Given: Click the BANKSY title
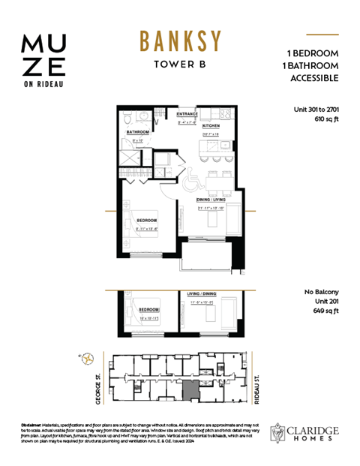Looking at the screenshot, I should tap(179, 41).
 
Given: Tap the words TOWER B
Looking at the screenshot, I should tap(179, 64).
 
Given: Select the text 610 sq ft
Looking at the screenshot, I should tap(322, 119).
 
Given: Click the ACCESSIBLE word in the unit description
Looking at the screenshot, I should tap(313, 78).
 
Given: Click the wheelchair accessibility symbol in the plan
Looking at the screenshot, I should tap(190, 179).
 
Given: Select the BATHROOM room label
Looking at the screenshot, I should tap(138, 131).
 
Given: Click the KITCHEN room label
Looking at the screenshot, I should tap(209, 126).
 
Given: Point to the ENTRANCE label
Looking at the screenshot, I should tap(187, 114).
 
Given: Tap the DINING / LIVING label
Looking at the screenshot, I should tap(212, 200).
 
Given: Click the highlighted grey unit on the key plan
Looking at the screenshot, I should tap(193, 390).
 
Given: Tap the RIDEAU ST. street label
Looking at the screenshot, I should tap(258, 389).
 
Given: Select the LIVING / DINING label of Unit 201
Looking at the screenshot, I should tap(202, 293).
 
